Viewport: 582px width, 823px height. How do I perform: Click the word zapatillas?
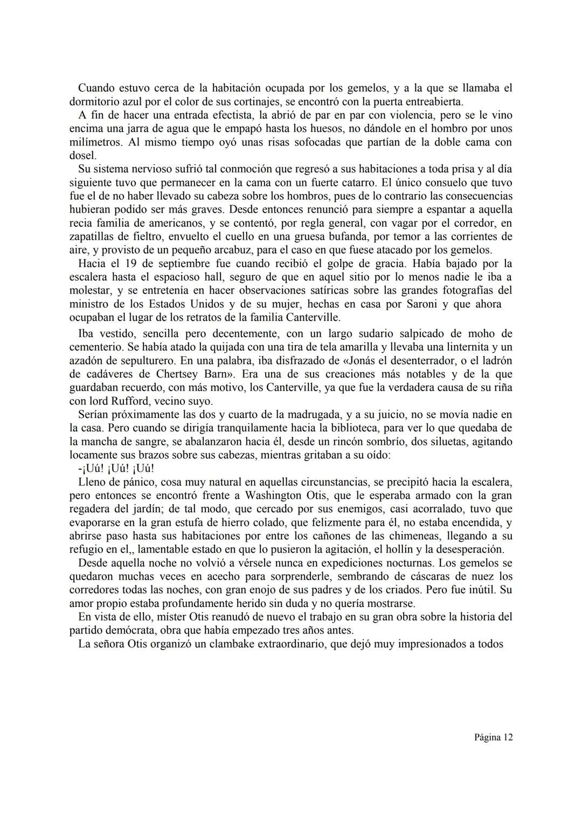[x=93, y=237]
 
